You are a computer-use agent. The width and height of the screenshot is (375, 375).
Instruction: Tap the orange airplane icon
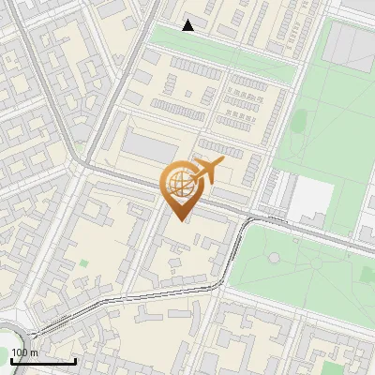pos(208,171)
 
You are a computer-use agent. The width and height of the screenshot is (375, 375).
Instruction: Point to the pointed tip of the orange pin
pos(180,221)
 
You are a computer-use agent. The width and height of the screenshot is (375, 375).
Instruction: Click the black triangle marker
pos(188,25)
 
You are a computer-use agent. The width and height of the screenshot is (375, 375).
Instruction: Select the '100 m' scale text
pos(24,352)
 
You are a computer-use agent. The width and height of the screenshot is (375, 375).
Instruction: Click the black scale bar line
pos(43,361)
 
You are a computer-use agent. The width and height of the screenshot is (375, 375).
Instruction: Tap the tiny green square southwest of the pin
pos(83,263)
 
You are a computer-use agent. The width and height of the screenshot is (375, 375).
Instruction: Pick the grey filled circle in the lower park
pos(273,257)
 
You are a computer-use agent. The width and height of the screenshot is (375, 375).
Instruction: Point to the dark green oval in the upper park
pos(301,119)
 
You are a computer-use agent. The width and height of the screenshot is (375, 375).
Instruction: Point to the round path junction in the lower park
pos(273,257)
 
